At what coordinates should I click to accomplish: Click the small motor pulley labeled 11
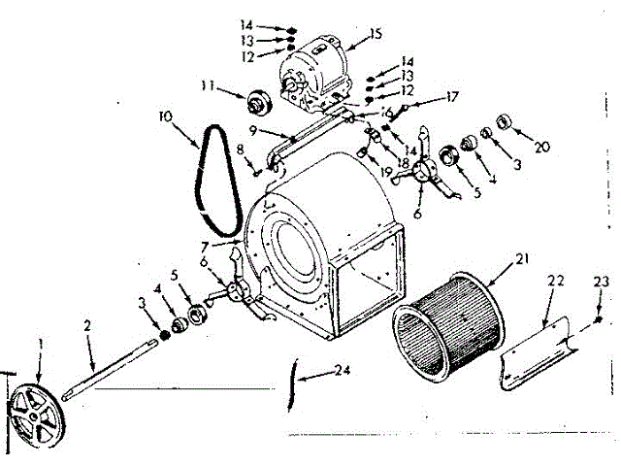(260, 101)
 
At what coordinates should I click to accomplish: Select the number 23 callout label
(601, 282)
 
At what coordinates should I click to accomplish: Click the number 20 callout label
(542, 147)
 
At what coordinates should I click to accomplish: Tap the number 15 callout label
(376, 35)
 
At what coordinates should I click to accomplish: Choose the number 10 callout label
(165, 116)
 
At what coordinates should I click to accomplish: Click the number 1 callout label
(41, 343)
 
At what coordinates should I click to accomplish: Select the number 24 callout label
(339, 370)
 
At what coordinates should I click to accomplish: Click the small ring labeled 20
(504, 121)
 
